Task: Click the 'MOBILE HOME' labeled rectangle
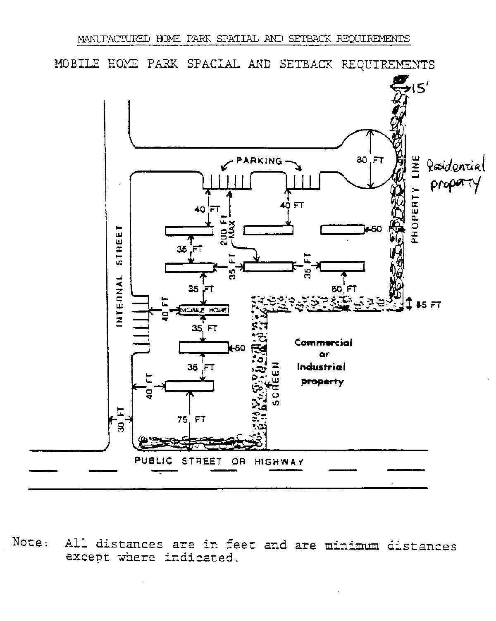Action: (204, 310)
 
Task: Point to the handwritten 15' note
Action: (419, 88)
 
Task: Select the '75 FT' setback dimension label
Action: (191, 420)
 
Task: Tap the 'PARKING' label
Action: (260, 161)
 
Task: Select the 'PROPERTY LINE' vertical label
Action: (415, 199)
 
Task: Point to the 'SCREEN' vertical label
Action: (276, 384)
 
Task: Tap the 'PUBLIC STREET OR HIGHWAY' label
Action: (219, 462)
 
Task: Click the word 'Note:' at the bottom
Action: (31, 542)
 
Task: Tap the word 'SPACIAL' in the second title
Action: (213, 64)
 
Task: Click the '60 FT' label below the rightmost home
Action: (343, 289)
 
